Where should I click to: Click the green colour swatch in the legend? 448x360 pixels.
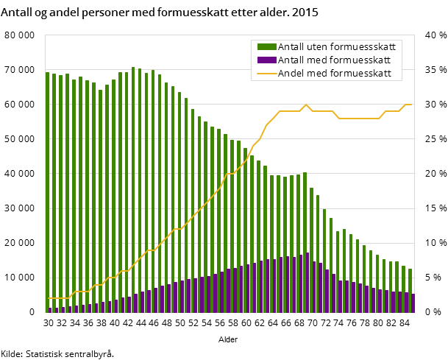pyautogui.click(x=266, y=46)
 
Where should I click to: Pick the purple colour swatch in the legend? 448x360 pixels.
pyautogui.click(x=266, y=60)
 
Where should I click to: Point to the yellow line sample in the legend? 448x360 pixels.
pyautogui.click(x=266, y=73)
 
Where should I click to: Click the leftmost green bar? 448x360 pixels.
pyautogui.click(x=48, y=191)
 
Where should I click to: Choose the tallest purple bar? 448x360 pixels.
pyautogui.click(x=307, y=283)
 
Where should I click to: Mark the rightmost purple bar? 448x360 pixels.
pyautogui.click(x=413, y=303)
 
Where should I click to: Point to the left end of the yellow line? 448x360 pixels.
pyautogui.click(x=48, y=298)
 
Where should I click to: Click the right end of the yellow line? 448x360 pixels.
pyautogui.click(x=412, y=105)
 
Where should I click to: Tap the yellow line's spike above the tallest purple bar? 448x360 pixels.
pyautogui.click(x=306, y=105)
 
